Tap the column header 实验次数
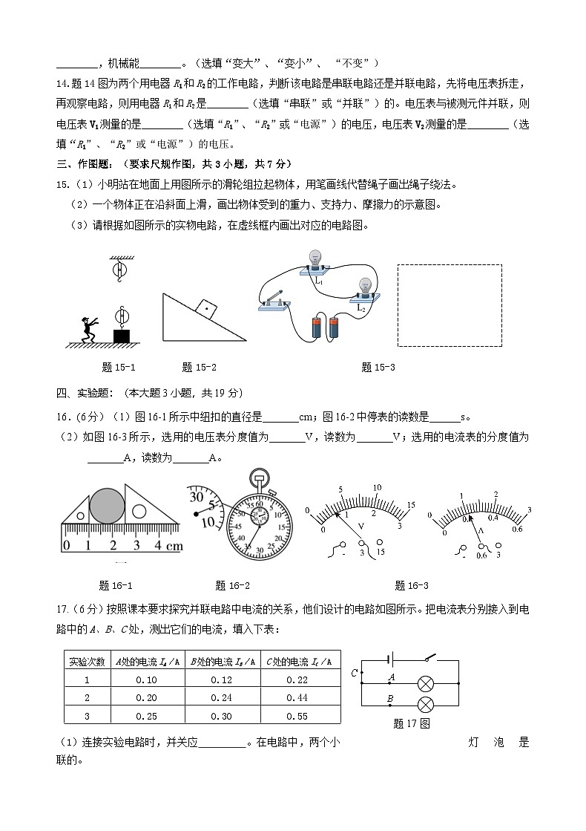tap(87, 661)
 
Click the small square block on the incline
tap(204, 307)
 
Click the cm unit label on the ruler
tap(174, 546)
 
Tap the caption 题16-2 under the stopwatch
tap(232, 585)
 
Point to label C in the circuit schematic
tap(354, 673)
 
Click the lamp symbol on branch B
tap(426, 704)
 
